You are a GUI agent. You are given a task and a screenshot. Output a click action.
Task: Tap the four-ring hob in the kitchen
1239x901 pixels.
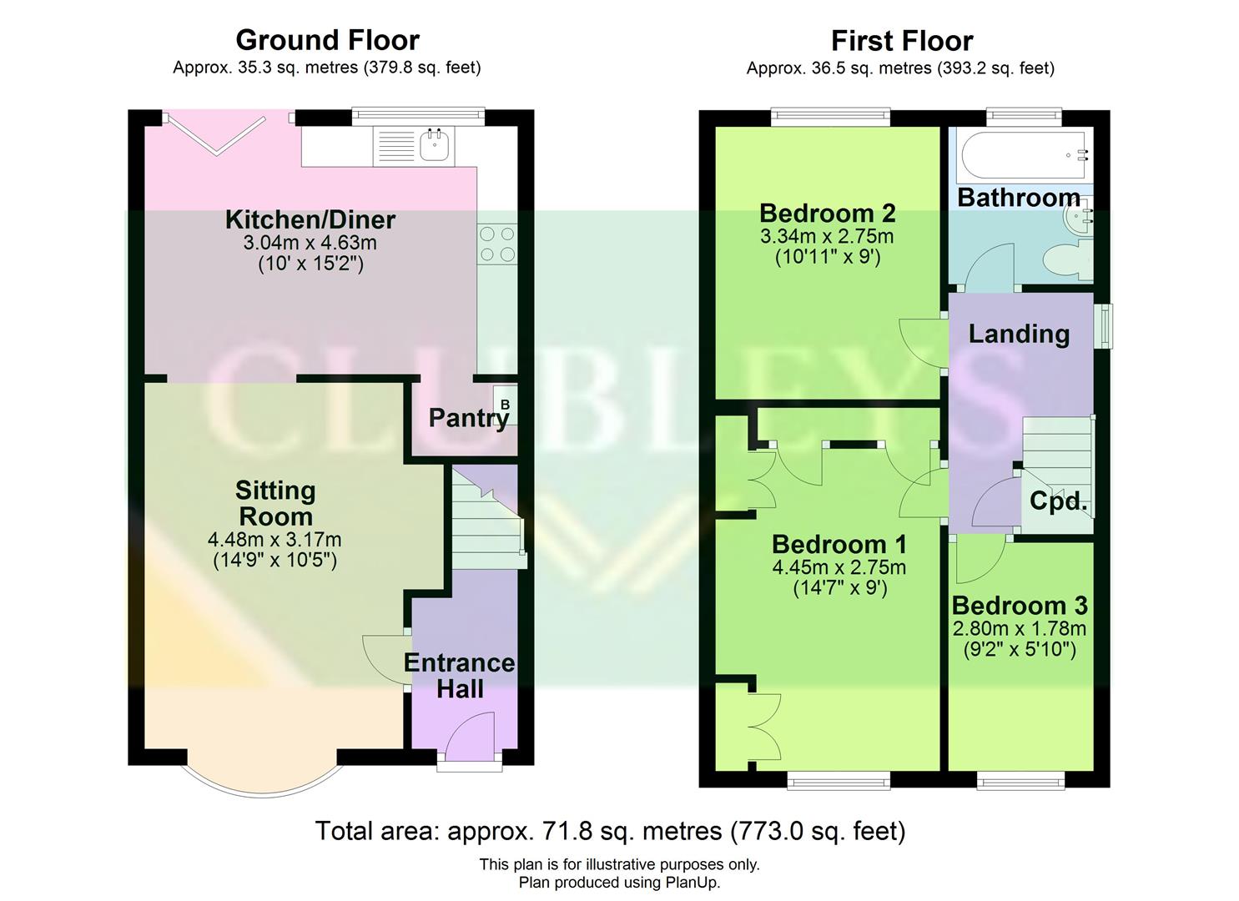[496, 244]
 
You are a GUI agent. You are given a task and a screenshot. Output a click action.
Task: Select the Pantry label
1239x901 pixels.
[468, 418]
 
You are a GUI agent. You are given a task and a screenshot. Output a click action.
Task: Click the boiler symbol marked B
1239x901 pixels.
[505, 405]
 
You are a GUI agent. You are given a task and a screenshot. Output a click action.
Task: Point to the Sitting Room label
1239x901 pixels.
[274, 502]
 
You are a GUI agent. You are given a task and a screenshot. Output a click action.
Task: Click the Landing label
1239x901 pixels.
[1018, 334]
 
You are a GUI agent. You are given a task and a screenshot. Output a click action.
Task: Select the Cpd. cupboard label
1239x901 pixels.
[1058, 501]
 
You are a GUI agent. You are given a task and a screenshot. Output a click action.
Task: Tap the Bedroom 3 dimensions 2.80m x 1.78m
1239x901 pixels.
[1019, 628]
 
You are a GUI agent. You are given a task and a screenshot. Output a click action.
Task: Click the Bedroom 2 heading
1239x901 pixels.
[827, 214]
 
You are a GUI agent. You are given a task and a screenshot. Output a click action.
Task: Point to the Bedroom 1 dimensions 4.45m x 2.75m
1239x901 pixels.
[839, 567]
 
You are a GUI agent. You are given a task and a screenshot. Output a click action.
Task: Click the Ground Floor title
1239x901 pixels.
[327, 40]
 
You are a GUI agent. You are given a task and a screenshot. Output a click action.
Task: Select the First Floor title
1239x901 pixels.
[901, 41]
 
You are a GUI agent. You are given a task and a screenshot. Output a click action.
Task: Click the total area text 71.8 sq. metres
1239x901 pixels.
[610, 831]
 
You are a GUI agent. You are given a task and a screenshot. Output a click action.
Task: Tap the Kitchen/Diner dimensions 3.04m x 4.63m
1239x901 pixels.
[310, 243]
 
